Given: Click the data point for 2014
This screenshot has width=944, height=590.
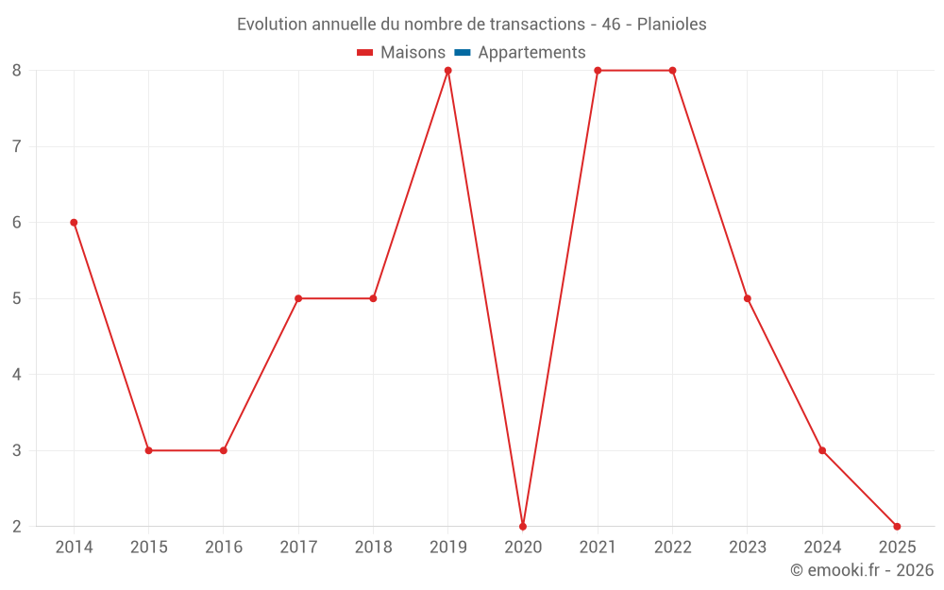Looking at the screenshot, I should pos(74,223).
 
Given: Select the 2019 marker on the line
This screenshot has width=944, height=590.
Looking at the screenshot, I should pos(448,71).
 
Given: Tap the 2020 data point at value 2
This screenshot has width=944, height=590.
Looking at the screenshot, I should pos(523,526).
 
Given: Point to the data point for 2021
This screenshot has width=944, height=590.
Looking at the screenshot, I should pos(598,71).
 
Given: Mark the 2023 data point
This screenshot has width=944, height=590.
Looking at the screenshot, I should pos(748,298).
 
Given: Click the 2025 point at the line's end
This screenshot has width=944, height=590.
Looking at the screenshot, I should pos(897,526).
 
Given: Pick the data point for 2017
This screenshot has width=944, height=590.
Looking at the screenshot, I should pos(298,298).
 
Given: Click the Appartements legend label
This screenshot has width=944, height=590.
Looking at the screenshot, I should pos(531,53).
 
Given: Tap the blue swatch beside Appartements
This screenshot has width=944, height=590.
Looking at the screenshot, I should pos(463,53).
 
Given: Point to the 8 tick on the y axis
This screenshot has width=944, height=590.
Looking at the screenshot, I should pos(17,71).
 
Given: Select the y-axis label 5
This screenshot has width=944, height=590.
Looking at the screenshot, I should pos(17,298).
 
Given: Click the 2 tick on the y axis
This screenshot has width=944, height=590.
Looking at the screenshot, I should pos(17,526).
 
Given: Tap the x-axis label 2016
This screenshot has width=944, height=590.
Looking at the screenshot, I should pos(224,548).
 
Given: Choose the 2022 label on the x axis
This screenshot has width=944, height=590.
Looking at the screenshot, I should pos(672,548).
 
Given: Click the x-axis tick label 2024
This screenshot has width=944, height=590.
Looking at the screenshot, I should pos(822,548).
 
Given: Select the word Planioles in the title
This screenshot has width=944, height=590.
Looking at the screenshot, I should pos(671,25).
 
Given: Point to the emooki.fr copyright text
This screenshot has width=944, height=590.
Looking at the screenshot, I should pos(862,570).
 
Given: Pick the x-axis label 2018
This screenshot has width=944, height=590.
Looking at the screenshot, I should pos(373,548).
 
